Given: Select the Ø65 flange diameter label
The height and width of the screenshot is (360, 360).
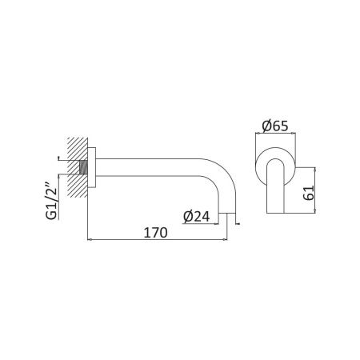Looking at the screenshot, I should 275,125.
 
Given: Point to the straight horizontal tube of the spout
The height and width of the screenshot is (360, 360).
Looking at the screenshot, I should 152,169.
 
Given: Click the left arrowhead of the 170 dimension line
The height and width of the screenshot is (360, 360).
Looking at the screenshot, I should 90,239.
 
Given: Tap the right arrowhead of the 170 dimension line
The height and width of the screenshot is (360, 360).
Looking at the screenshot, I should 233,239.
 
